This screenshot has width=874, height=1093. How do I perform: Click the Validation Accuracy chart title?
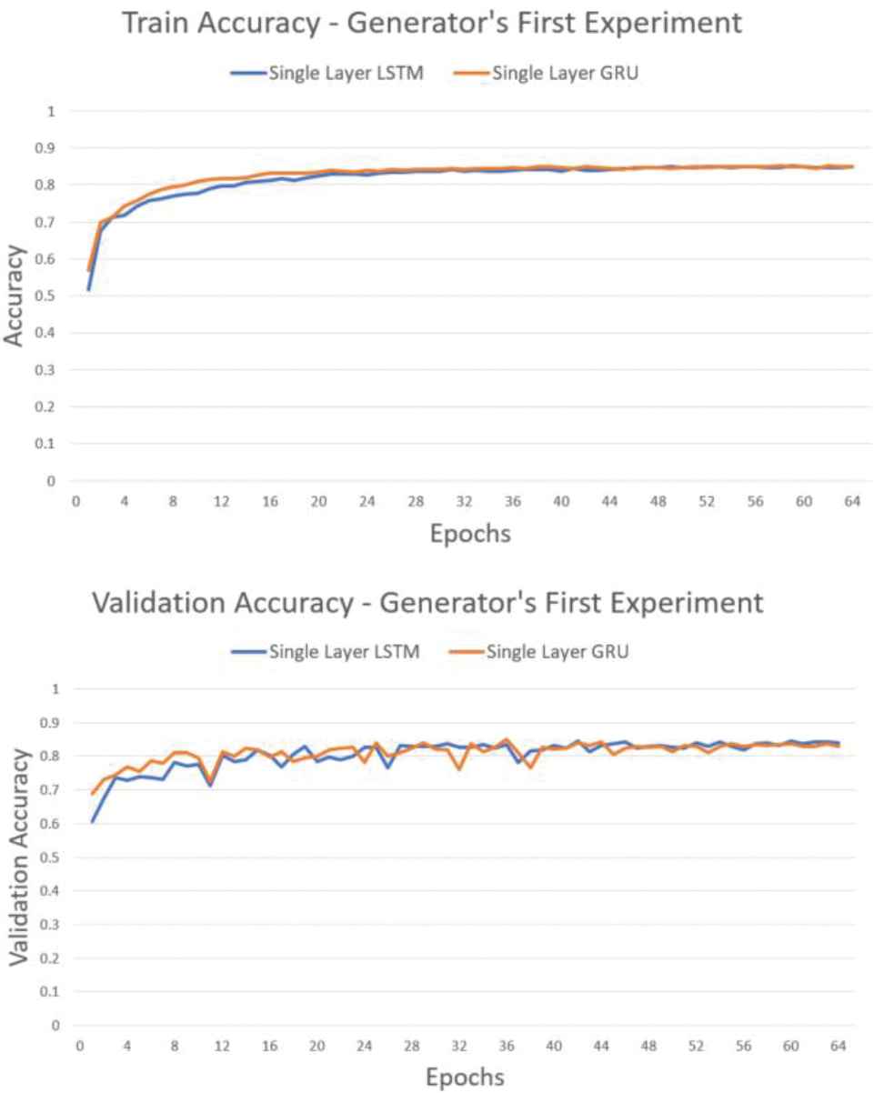[427, 604]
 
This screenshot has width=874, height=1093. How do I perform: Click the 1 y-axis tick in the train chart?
[52, 112]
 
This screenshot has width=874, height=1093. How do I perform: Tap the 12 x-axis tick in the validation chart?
[222, 1047]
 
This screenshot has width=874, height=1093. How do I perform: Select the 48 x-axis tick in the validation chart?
[648, 1047]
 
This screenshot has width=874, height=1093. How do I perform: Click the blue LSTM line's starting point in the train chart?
[89, 289]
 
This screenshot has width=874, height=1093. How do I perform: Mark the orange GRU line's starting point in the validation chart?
[92, 793]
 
